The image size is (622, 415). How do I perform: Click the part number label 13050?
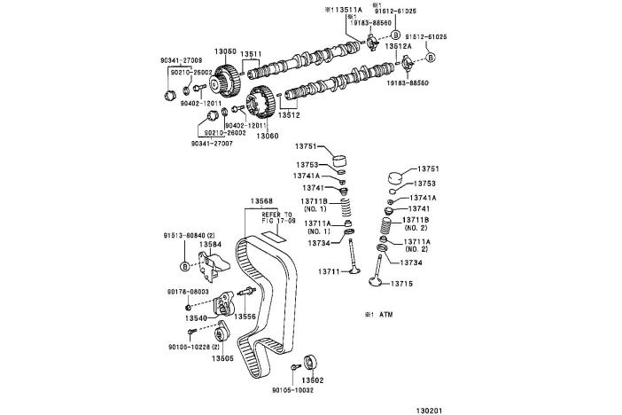[x=226, y=51]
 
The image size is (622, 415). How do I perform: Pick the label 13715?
[x=419, y=284]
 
